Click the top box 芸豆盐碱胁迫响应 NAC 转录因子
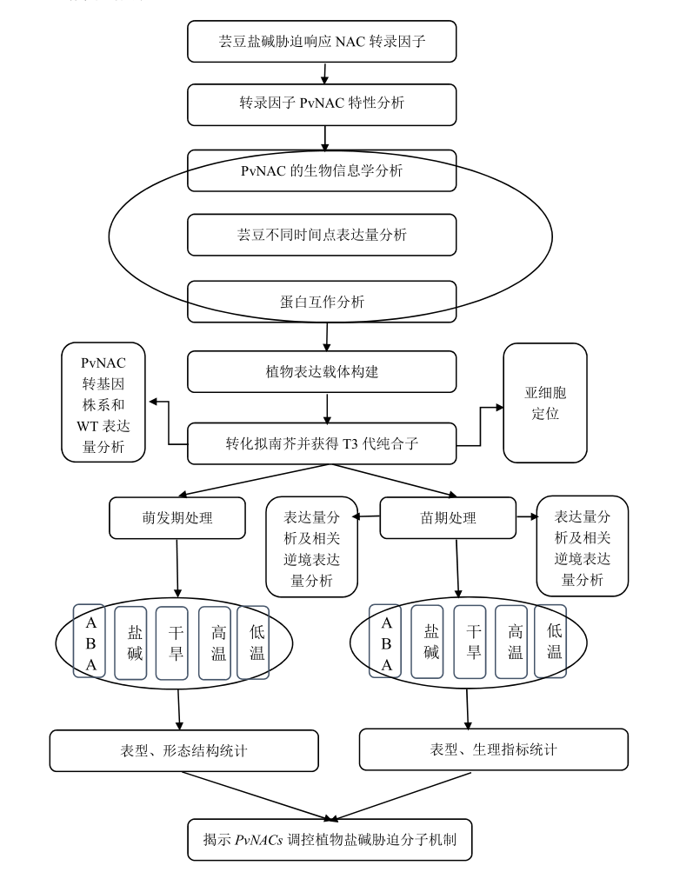[x=322, y=41]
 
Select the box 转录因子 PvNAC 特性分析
[x=322, y=105]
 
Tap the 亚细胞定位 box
[x=545, y=401]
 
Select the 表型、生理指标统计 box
[x=492, y=749]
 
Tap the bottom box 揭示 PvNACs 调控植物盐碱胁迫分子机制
[x=331, y=841]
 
